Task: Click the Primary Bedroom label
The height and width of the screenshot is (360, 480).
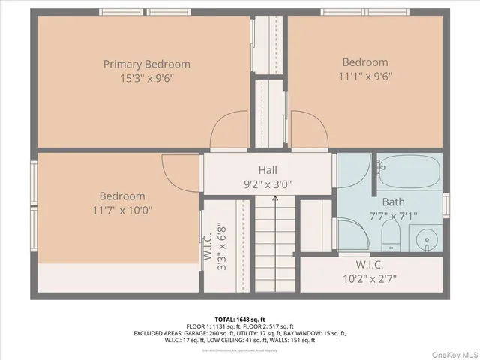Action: click(x=147, y=64)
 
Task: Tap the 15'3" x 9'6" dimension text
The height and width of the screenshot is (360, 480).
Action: click(x=147, y=77)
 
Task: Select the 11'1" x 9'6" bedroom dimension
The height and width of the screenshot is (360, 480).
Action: click(x=365, y=75)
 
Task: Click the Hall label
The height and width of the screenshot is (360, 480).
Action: click(x=268, y=170)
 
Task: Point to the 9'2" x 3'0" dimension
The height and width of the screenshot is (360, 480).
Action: click(x=268, y=183)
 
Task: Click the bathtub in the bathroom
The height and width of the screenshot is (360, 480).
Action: click(x=409, y=172)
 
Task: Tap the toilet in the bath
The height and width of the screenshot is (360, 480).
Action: click(x=391, y=238)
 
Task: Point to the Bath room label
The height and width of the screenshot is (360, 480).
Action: click(x=393, y=202)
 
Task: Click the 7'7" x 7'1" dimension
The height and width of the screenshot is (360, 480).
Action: click(x=393, y=215)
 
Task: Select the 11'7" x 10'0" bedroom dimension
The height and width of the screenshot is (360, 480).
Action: click(x=123, y=210)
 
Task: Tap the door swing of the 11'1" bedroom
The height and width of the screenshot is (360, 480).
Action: click(x=309, y=132)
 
